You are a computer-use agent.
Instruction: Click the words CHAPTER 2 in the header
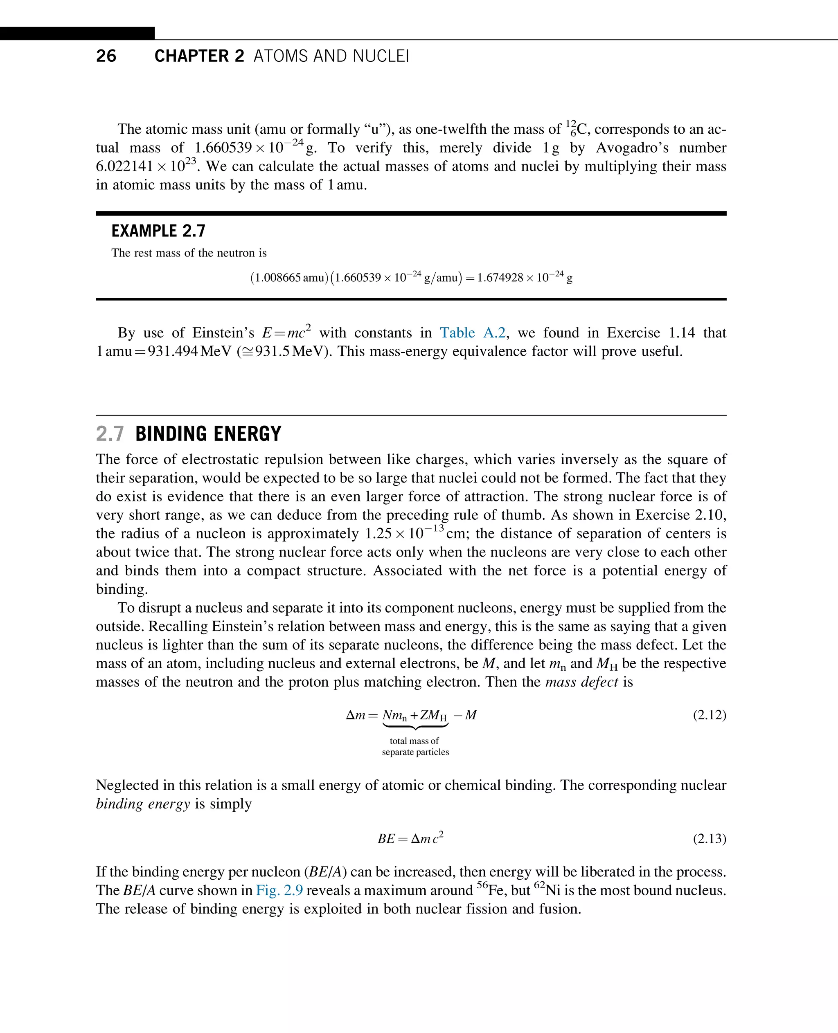point(199,56)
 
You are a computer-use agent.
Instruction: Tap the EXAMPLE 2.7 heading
point(158,231)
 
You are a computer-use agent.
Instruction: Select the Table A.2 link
point(472,332)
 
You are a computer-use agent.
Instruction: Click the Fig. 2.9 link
point(279,890)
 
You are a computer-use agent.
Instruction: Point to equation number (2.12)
point(709,714)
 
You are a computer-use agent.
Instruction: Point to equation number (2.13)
point(709,839)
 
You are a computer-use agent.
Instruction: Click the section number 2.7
point(110,434)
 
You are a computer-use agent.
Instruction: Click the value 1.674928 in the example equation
point(500,278)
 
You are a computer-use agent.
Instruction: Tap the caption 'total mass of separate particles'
point(415,746)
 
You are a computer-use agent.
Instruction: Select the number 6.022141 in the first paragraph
point(124,166)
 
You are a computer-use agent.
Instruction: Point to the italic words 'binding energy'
point(143,804)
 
